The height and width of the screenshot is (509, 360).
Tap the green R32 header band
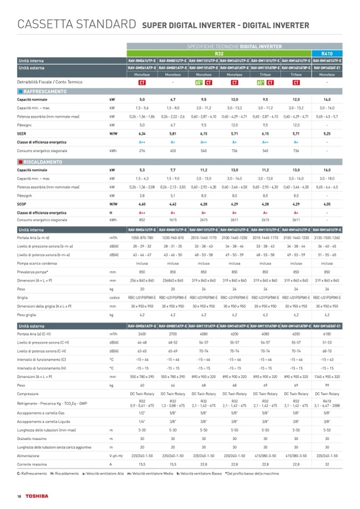tap(219, 54)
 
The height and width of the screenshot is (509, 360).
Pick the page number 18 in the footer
tap(19, 496)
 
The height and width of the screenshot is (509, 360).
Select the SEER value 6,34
tap(142, 134)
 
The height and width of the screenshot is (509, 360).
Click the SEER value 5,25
tap(327, 134)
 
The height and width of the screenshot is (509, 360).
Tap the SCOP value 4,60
tap(142, 204)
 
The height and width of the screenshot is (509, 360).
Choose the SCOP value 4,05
tap(327, 204)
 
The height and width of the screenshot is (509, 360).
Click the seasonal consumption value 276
tap(142, 150)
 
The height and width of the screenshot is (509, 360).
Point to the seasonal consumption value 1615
tap(173, 220)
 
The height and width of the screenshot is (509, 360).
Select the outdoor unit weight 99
tap(327, 384)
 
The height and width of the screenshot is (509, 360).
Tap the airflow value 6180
tap(327, 334)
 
